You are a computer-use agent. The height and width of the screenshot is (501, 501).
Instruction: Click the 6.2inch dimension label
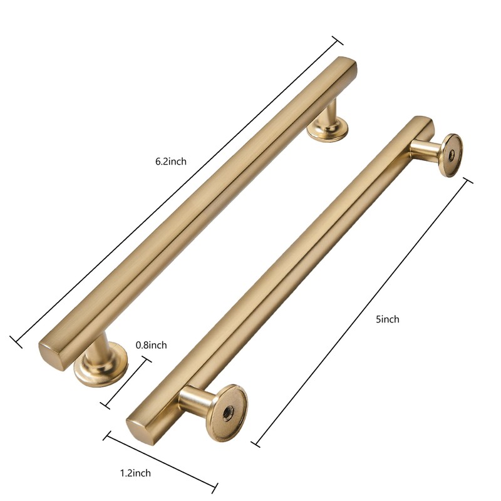pyautogui.click(x=171, y=161)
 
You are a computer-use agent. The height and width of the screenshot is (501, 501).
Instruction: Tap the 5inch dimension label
pyautogui.click(x=387, y=319)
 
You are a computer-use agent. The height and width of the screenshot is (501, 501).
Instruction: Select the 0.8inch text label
pyautogui.click(x=151, y=345)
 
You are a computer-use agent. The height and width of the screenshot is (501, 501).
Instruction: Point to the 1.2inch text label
pyautogui.click(x=135, y=473)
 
